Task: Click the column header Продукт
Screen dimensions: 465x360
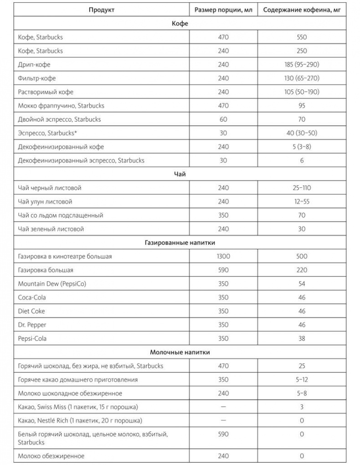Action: tap(101, 10)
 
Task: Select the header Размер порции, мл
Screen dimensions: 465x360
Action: tap(223, 10)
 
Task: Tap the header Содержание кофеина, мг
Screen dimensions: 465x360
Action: tap(302, 10)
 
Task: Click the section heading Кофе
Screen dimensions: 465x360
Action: tap(180, 23)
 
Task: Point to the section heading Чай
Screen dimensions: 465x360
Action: tap(180, 174)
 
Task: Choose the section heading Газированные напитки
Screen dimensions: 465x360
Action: tap(180, 243)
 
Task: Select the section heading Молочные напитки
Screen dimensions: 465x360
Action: tap(180, 352)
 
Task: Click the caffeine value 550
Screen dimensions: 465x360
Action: tap(302, 37)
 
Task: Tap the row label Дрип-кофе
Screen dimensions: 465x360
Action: tap(35, 65)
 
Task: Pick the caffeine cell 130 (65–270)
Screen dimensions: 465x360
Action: tap(302, 78)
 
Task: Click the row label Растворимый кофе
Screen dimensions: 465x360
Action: tap(46, 92)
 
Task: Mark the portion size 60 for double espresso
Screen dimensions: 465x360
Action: tap(223, 119)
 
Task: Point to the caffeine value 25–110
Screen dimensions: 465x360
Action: tap(302, 188)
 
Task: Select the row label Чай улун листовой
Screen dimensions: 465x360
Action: tap(45, 201)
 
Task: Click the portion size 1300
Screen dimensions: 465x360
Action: tap(223, 256)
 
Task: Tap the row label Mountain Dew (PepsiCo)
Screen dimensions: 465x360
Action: tap(52, 284)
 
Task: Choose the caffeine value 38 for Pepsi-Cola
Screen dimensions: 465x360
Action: tap(302, 339)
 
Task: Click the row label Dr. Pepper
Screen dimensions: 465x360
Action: tap(32, 325)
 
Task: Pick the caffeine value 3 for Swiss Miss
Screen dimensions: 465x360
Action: tap(302, 407)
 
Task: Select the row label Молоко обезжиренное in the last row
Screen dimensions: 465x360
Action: tap(51, 455)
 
